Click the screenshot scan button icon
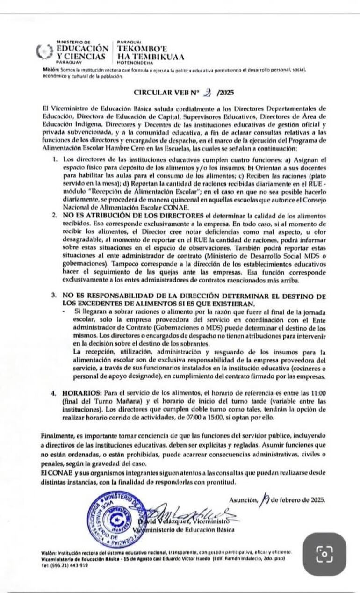(324, 554)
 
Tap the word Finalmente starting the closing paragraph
(59, 435)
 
